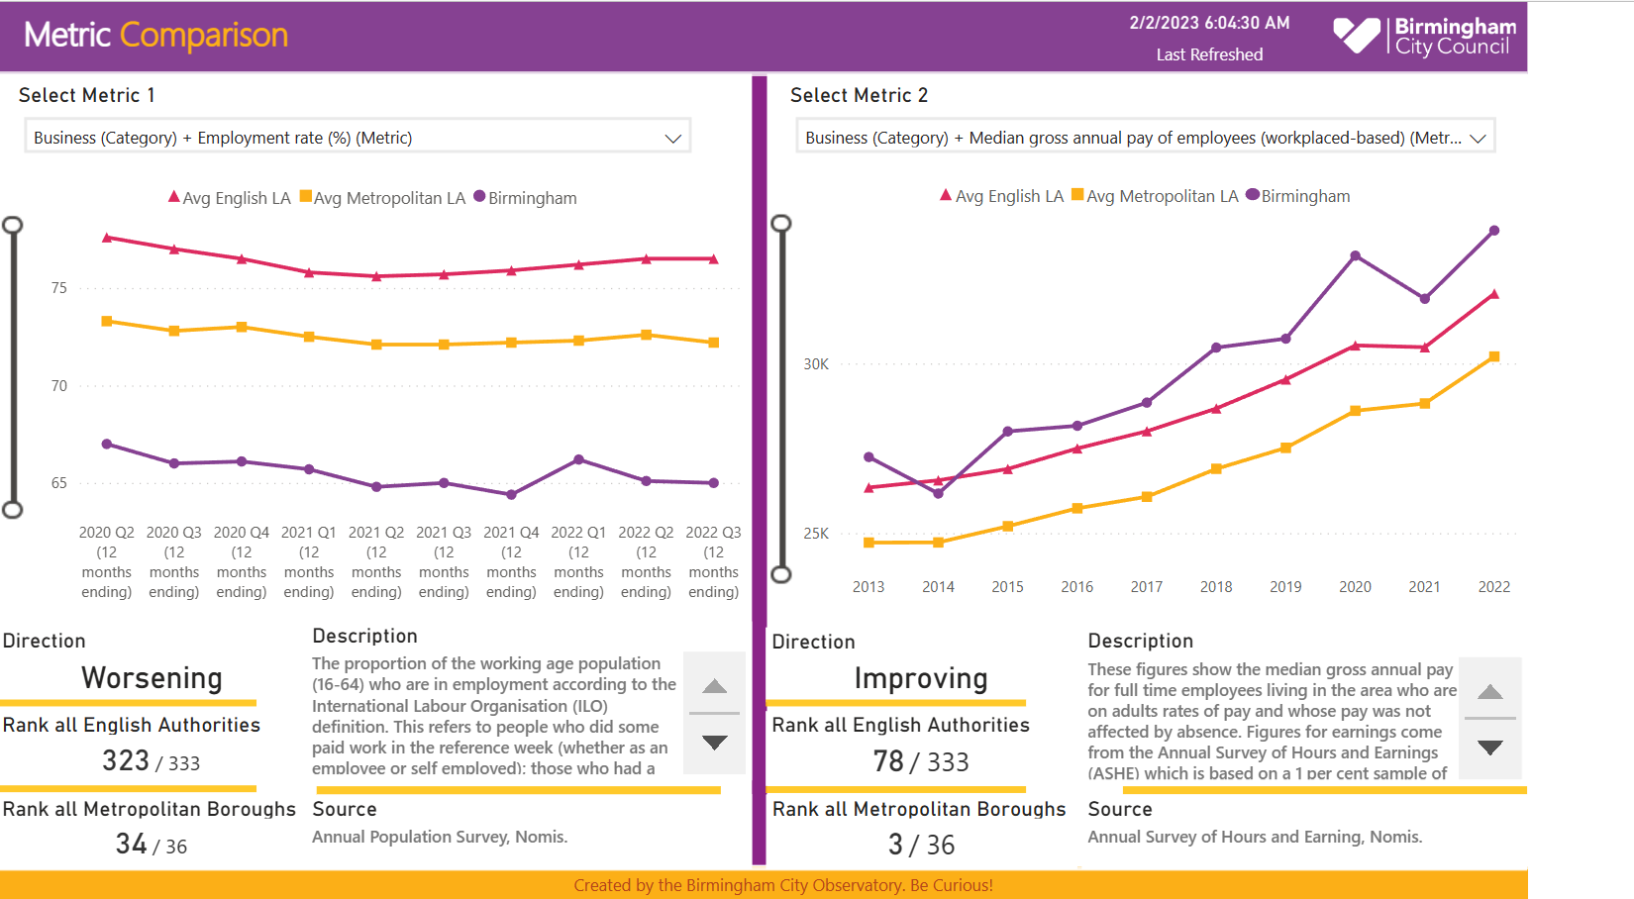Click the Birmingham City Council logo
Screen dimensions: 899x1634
click(1424, 36)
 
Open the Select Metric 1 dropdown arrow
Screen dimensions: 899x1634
click(673, 139)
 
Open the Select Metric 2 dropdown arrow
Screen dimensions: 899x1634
click(1478, 139)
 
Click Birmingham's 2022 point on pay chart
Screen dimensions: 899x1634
click(1494, 231)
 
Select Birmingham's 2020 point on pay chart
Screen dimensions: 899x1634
click(1356, 256)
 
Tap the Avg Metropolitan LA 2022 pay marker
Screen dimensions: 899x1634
click(1494, 356)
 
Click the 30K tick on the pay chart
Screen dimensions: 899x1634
click(816, 364)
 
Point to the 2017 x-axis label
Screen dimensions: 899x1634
click(1147, 587)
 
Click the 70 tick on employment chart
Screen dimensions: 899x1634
click(59, 386)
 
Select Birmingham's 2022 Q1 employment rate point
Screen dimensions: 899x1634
click(579, 459)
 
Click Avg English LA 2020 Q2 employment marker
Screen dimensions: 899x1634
click(107, 238)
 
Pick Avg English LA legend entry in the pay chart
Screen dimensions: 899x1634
click(1001, 196)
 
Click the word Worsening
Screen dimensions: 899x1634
click(152, 678)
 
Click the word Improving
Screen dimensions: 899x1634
click(921, 678)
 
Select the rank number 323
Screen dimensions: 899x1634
click(126, 760)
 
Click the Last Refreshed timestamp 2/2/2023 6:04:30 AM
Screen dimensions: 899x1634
click(1209, 23)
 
